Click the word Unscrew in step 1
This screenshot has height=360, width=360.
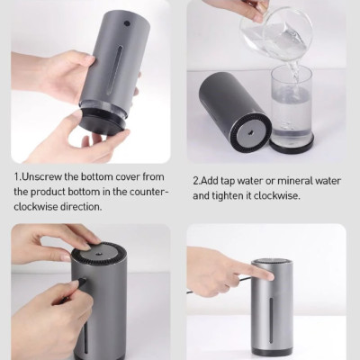tap(44, 177)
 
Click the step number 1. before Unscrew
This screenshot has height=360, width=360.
tap(17, 177)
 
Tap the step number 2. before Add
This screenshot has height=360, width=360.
tap(197, 180)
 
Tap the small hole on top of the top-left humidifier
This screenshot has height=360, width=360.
tap(125, 24)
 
